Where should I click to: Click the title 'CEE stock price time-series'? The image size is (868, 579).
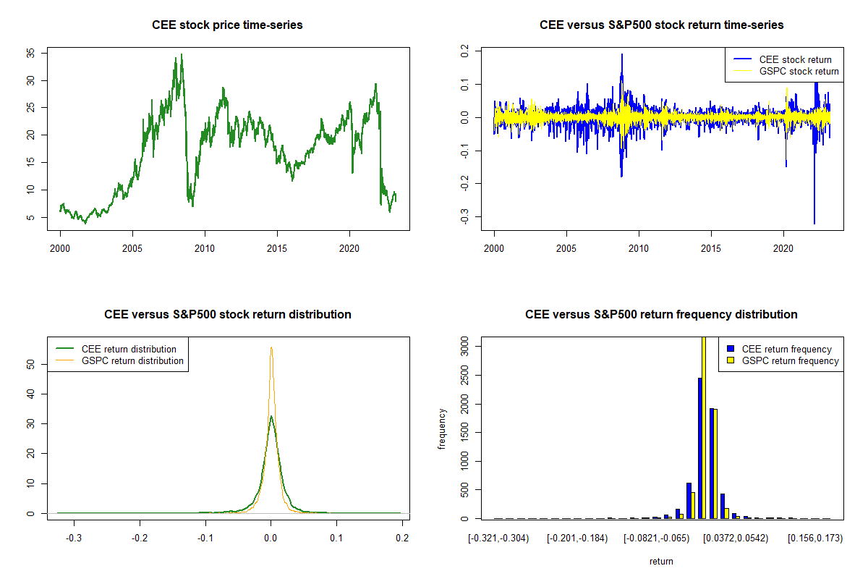227,25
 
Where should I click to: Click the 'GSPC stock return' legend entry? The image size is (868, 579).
799,71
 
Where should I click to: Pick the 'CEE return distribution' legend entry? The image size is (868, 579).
129,349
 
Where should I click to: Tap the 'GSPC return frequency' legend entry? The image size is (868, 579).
791,360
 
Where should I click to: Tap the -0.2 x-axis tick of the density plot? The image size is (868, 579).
140,538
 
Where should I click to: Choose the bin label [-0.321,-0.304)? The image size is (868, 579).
498,538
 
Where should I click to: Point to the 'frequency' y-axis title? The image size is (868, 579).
442,428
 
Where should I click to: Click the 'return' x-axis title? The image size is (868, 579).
661,561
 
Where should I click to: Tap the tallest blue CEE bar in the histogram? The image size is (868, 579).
699,448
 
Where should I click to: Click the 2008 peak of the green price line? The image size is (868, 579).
181,54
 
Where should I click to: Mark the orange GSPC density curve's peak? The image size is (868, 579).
271,348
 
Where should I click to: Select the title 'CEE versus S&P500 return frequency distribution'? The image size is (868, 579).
661,315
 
